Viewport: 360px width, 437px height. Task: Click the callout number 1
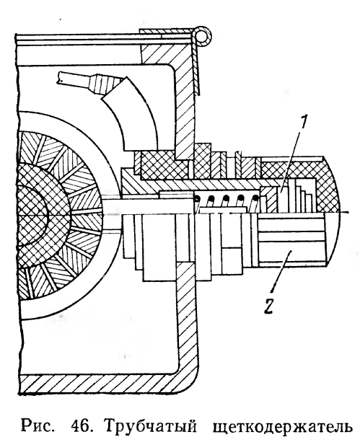tap(304, 122)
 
